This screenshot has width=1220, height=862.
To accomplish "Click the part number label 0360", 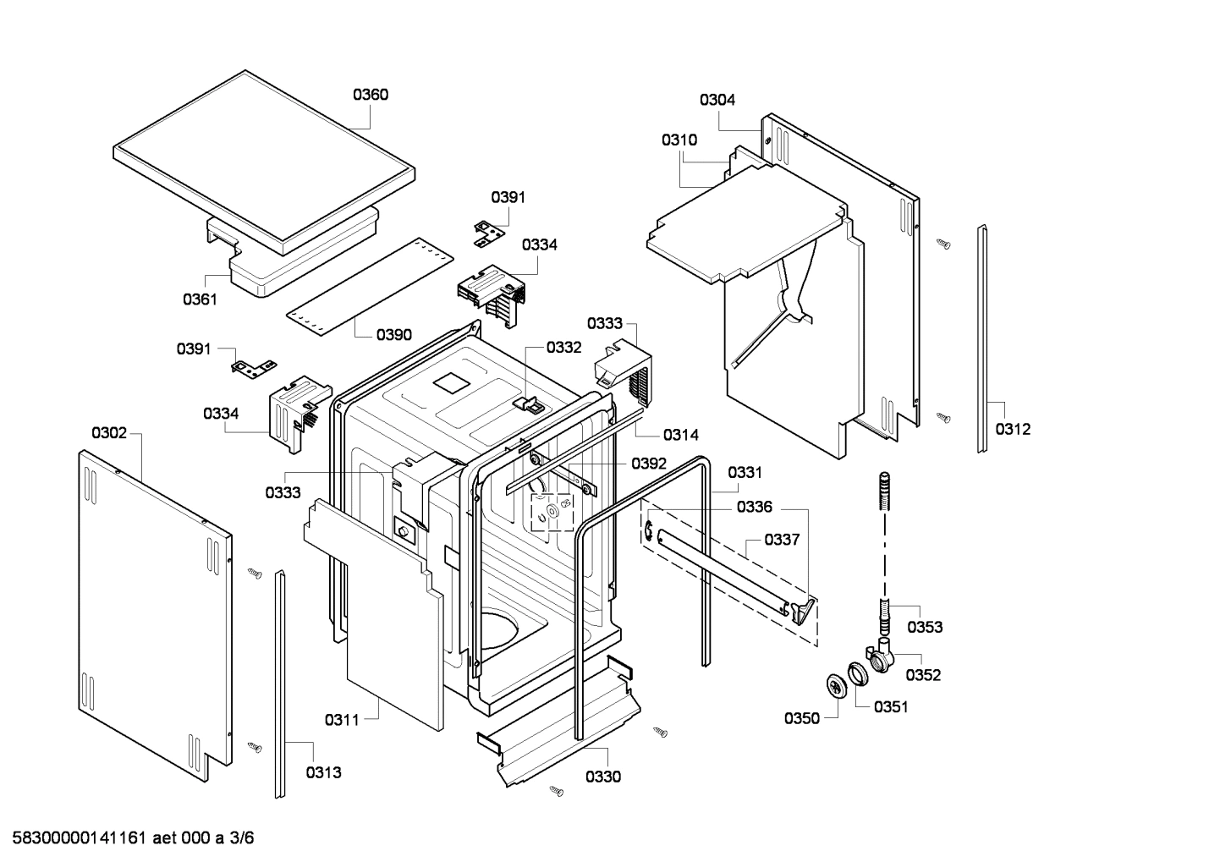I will click(x=371, y=94).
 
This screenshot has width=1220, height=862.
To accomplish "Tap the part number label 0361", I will click(x=201, y=299).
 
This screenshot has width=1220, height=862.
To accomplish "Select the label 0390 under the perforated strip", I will click(x=394, y=334).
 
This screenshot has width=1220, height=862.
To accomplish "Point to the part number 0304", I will click(x=717, y=99).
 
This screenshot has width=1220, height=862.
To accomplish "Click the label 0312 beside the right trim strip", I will click(x=1013, y=429).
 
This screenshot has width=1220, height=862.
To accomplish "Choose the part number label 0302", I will click(x=109, y=433).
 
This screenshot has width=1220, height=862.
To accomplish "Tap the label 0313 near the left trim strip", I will click(x=323, y=772).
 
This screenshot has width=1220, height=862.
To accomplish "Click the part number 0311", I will click(x=342, y=720).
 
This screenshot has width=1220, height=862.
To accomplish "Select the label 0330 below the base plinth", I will click(x=602, y=777).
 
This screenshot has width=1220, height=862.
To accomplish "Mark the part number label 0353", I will click(x=925, y=627).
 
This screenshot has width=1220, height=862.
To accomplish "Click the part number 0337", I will click(x=782, y=539).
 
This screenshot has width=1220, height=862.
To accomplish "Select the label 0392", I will click(x=648, y=464).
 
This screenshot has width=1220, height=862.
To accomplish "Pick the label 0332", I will click(x=563, y=347).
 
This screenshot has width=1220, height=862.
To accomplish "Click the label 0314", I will click(x=680, y=435).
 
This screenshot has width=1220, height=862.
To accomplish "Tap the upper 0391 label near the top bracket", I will click(x=508, y=197).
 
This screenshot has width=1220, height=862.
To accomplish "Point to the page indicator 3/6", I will click(x=242, y=838).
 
